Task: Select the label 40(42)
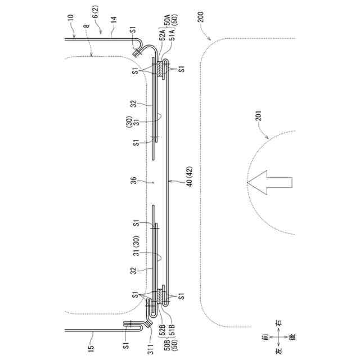[x=182, y=182]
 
